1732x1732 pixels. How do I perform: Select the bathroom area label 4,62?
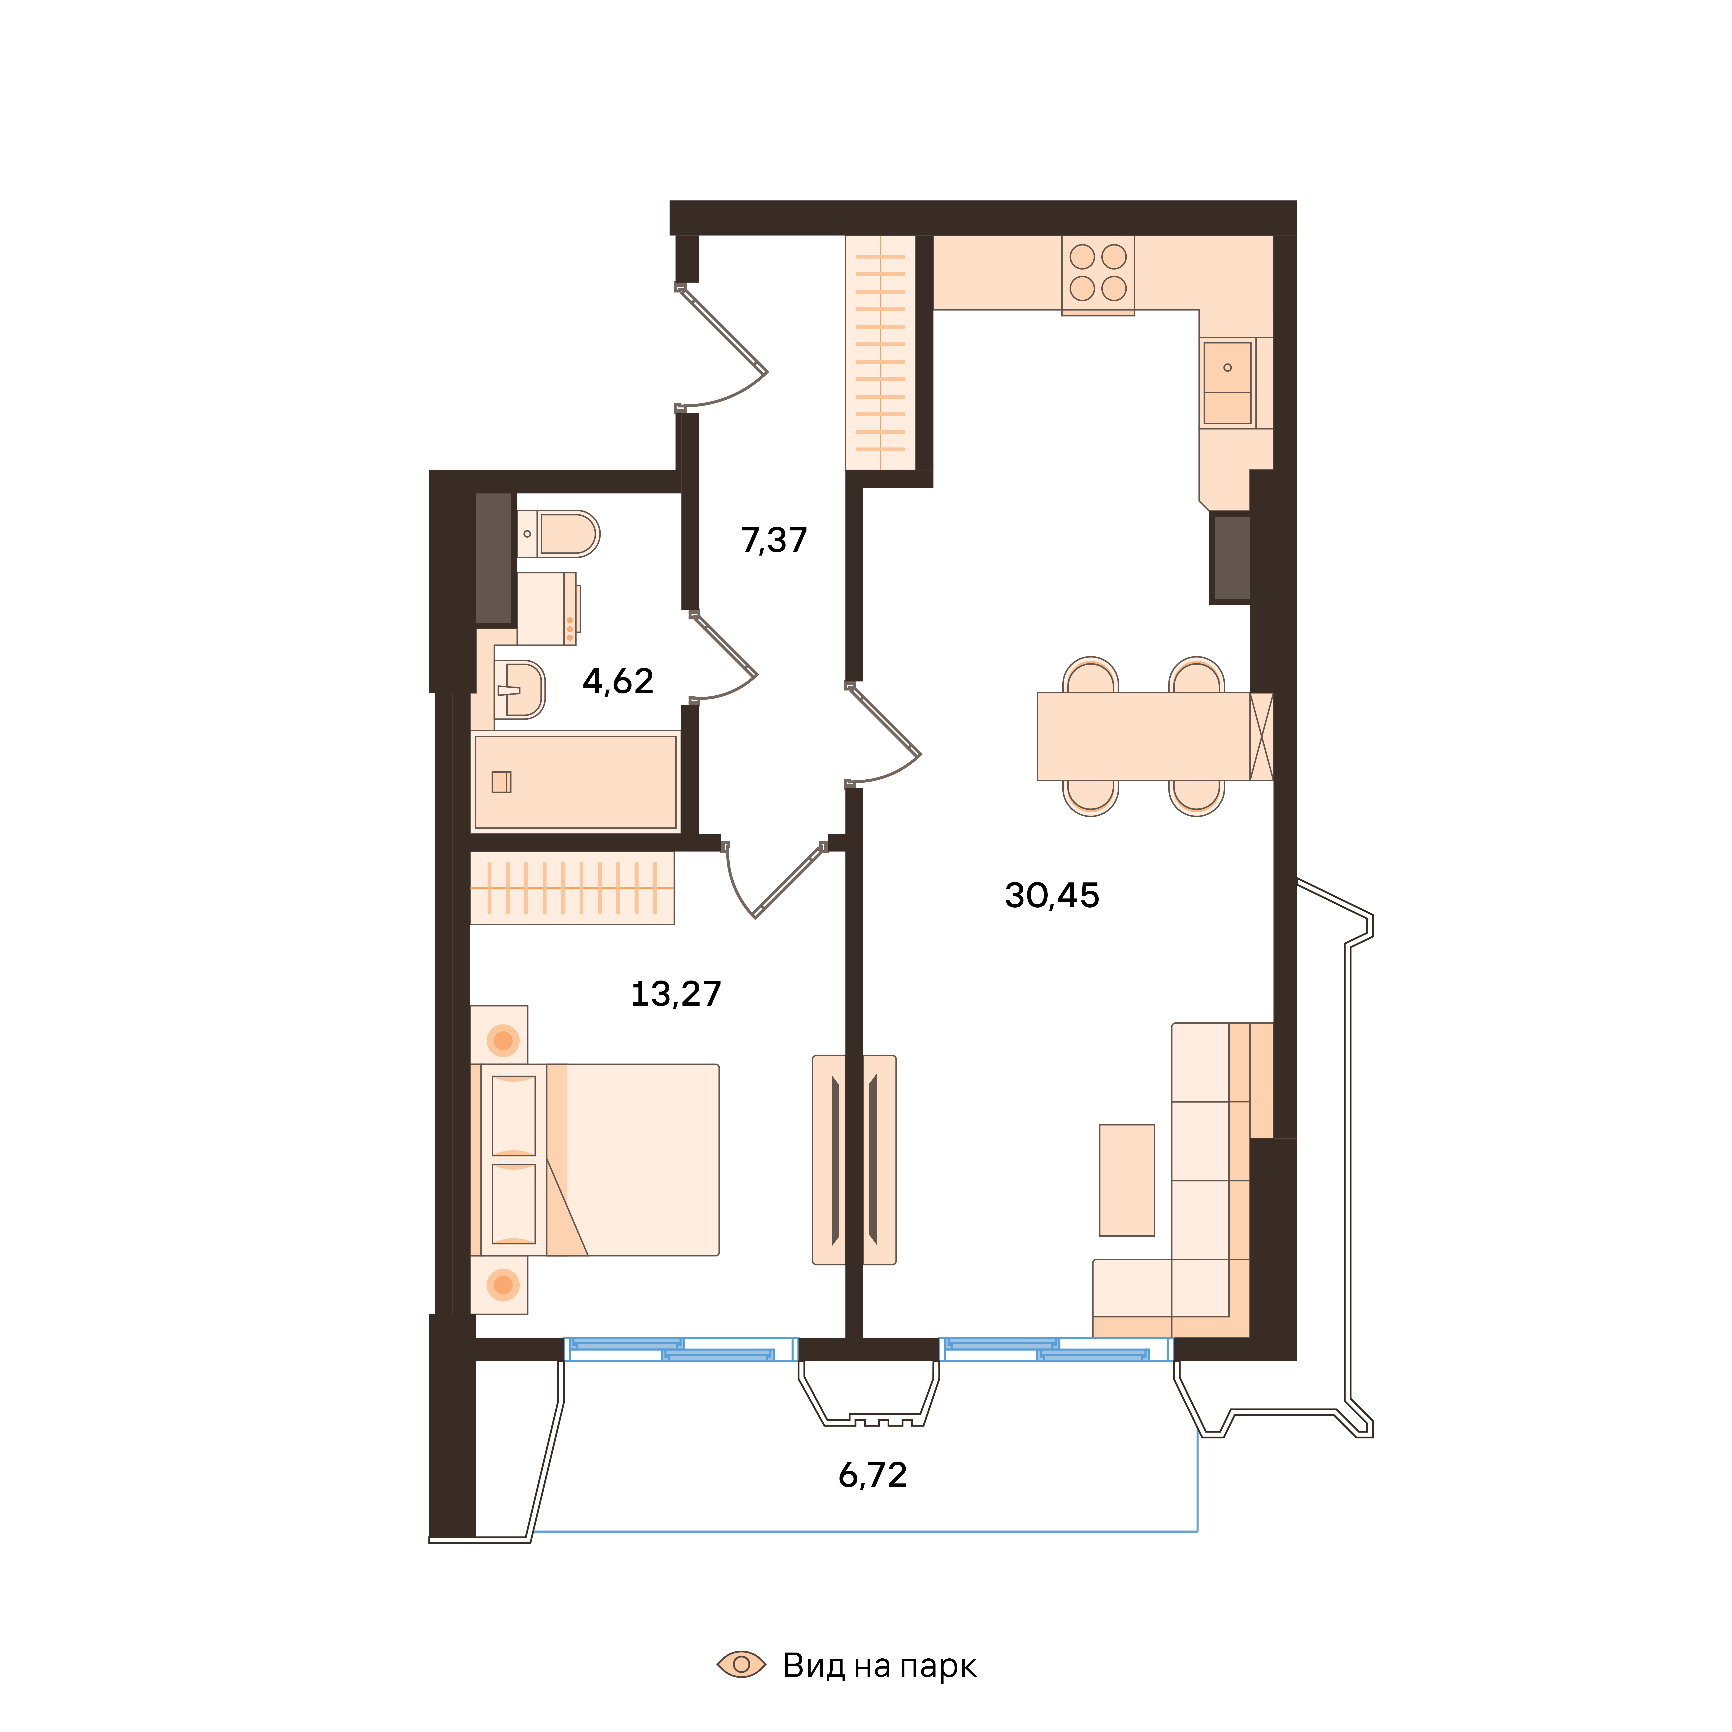[x=618, y=681]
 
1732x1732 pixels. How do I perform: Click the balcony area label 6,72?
[x=872, y=1475]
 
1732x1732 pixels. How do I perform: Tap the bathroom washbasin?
[x=519, y=689]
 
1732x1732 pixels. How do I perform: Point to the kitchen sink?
[x=1227, y=383]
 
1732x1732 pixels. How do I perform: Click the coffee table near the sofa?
[x=1127, y=1180]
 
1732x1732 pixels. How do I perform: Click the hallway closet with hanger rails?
[x=880, y=352]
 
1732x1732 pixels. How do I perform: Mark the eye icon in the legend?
[x=741, y=1665]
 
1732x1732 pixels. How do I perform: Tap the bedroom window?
[x=680, y=1349]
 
